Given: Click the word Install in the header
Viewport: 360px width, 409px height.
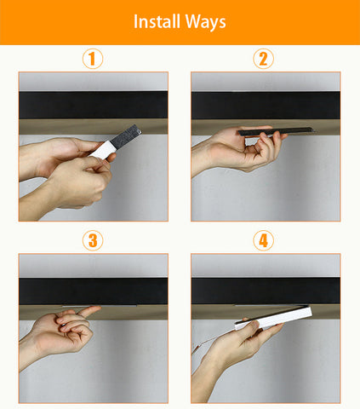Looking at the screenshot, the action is coord(157,21).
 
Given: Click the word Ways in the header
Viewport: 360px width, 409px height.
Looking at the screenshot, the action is coord(206,22).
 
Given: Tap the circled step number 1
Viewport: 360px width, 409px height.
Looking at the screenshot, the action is coord(93,59).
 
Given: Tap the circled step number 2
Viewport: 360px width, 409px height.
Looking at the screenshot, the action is coord(263,59).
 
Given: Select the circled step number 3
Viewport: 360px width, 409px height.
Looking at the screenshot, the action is coord(93,240).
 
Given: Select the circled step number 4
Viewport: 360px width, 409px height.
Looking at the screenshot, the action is coord(263,240).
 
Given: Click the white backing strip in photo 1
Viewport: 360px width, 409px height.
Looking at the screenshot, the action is coord(102,150).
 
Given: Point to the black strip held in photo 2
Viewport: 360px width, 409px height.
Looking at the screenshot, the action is coord(276,131).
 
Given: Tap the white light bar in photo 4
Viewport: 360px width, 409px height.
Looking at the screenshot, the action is coord(274,318).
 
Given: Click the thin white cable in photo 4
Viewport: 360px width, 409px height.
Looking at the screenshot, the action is coord(211,341).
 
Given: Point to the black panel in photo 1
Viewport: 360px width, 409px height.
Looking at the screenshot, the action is coord(94,105).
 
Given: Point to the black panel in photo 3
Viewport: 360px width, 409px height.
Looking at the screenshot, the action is coord(94,291).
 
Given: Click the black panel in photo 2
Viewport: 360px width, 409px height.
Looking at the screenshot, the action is coord(266,105).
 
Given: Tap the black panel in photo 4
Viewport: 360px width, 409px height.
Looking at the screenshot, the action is coord(266,291).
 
